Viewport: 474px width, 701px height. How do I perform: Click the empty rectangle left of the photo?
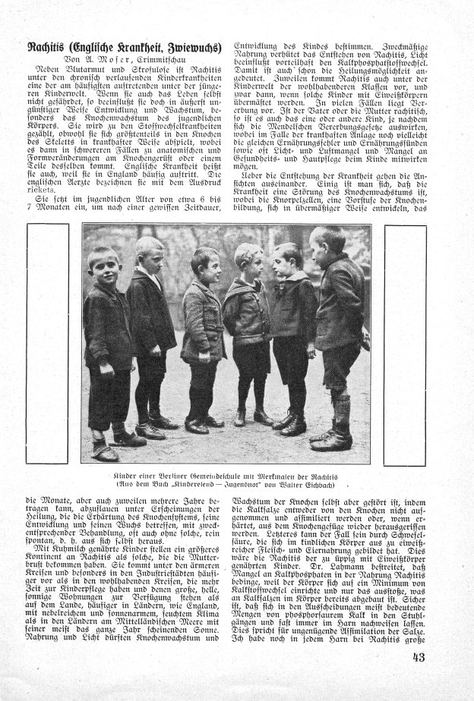tap(47, 343)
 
